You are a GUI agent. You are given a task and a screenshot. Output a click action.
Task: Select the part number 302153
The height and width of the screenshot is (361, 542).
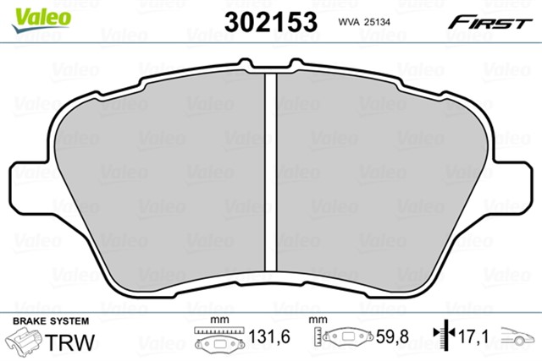(x=270, y=19)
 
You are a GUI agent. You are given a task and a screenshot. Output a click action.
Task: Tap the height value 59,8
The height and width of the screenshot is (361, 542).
(x=392, y=338)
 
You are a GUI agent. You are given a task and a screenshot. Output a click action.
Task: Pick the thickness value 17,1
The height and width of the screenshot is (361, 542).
(x=473, y=338)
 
